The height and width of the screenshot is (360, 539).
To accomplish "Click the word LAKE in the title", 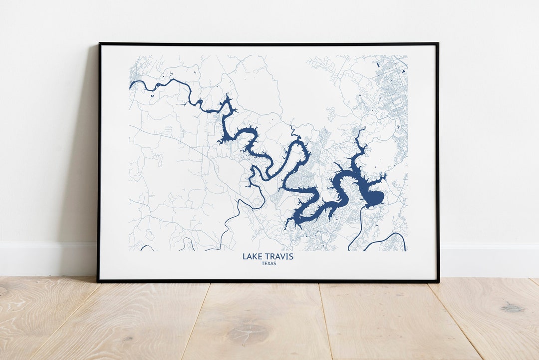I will [x=251, y=257].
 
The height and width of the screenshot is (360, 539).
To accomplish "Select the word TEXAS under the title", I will [x=268, y=264].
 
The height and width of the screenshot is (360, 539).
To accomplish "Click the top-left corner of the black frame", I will [x=99, y=44].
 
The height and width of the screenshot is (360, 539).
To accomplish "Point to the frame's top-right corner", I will [x=438, y=44].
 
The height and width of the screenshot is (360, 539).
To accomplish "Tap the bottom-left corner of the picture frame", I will [x=98, y=281].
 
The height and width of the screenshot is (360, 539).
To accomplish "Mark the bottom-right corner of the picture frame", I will [x=438, y=281].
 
